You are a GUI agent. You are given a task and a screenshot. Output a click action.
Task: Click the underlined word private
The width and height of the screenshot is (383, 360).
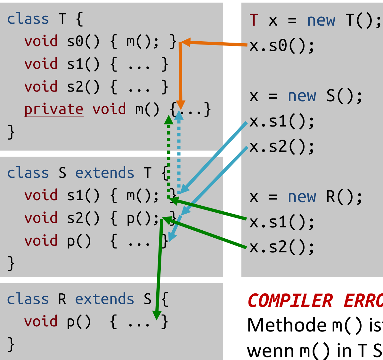point(53,110)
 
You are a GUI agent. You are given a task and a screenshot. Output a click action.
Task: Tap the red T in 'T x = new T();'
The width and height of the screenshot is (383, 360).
point(254,20)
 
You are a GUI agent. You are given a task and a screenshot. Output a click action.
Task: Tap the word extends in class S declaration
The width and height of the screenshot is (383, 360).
point(104,173)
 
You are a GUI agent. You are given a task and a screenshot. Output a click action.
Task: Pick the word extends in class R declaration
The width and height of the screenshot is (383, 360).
point(104,299)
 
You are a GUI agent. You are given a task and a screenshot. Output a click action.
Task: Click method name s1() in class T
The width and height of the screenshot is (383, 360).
point(83,64)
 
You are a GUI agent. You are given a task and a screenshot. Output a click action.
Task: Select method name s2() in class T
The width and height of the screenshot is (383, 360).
point(83,87)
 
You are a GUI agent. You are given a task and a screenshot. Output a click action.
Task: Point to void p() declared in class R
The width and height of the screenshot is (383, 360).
point(58,321)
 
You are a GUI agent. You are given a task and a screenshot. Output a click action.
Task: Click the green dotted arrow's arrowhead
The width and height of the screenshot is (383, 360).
point(169,120)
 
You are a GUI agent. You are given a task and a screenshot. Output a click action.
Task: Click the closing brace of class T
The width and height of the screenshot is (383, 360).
point(11,132)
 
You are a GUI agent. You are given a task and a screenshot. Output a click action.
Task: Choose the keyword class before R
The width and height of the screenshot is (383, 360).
point(28,299)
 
